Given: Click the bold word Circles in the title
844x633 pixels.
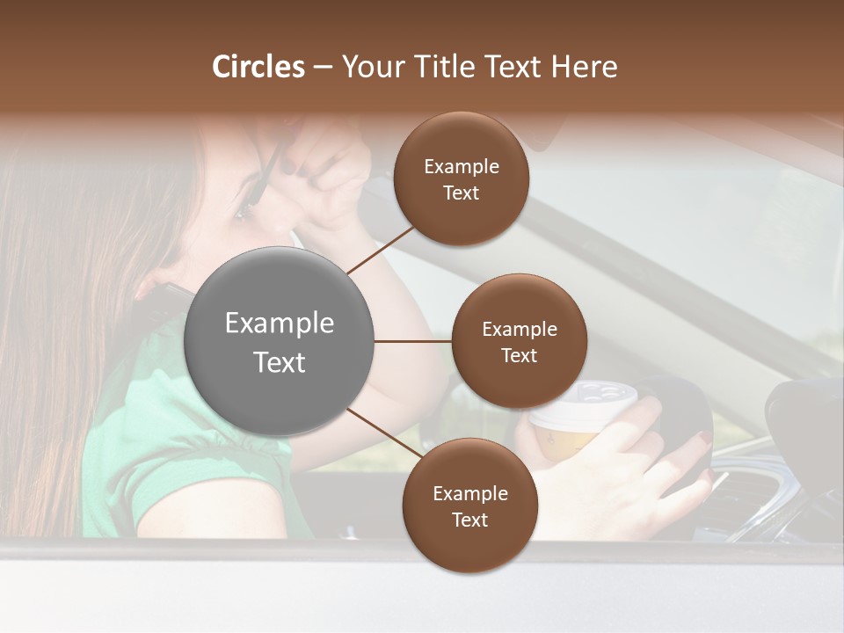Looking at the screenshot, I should tap(258, 67).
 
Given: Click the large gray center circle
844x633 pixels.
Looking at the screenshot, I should tap(280, 341).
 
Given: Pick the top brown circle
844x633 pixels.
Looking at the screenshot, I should tap(462, 179).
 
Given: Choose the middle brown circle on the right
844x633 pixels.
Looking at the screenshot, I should tap(520, 341).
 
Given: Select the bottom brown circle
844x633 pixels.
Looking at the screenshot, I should tap(469, 506).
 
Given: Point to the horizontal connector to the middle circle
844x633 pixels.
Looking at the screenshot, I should tap(413, 341).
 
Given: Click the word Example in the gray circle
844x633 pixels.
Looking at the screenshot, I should tap(280, 324).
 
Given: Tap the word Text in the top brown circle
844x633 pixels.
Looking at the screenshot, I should tap(462, 193).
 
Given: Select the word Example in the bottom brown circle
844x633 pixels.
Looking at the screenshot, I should tap(469, 493).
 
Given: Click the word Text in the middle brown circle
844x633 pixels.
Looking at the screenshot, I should tap(520, 355).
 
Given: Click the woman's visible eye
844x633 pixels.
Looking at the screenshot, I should tap(243, 211).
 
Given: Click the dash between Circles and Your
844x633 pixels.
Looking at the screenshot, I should tap(323, 68).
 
